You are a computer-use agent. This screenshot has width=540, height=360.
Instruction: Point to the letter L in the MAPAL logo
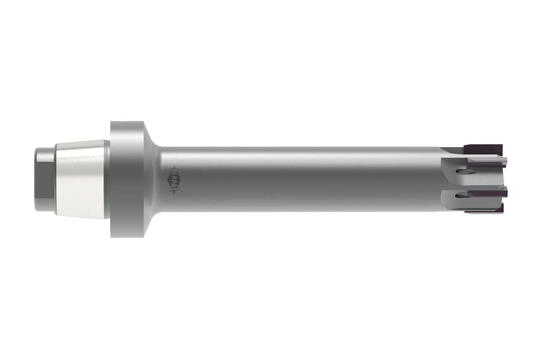[173, 187]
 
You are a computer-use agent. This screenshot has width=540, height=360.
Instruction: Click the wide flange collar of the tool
[127, 179]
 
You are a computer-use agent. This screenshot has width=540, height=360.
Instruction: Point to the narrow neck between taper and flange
[108, 179]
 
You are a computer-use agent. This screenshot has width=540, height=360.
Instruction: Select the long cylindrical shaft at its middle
[295, 179]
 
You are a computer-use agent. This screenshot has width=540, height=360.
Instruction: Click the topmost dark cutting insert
[483, 150]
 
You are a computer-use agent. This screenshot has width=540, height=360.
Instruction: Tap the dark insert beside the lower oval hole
[487, 194]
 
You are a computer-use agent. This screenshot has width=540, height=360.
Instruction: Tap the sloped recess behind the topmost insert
[451, 150]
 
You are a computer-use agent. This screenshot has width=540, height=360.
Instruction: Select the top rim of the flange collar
[127, 123]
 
